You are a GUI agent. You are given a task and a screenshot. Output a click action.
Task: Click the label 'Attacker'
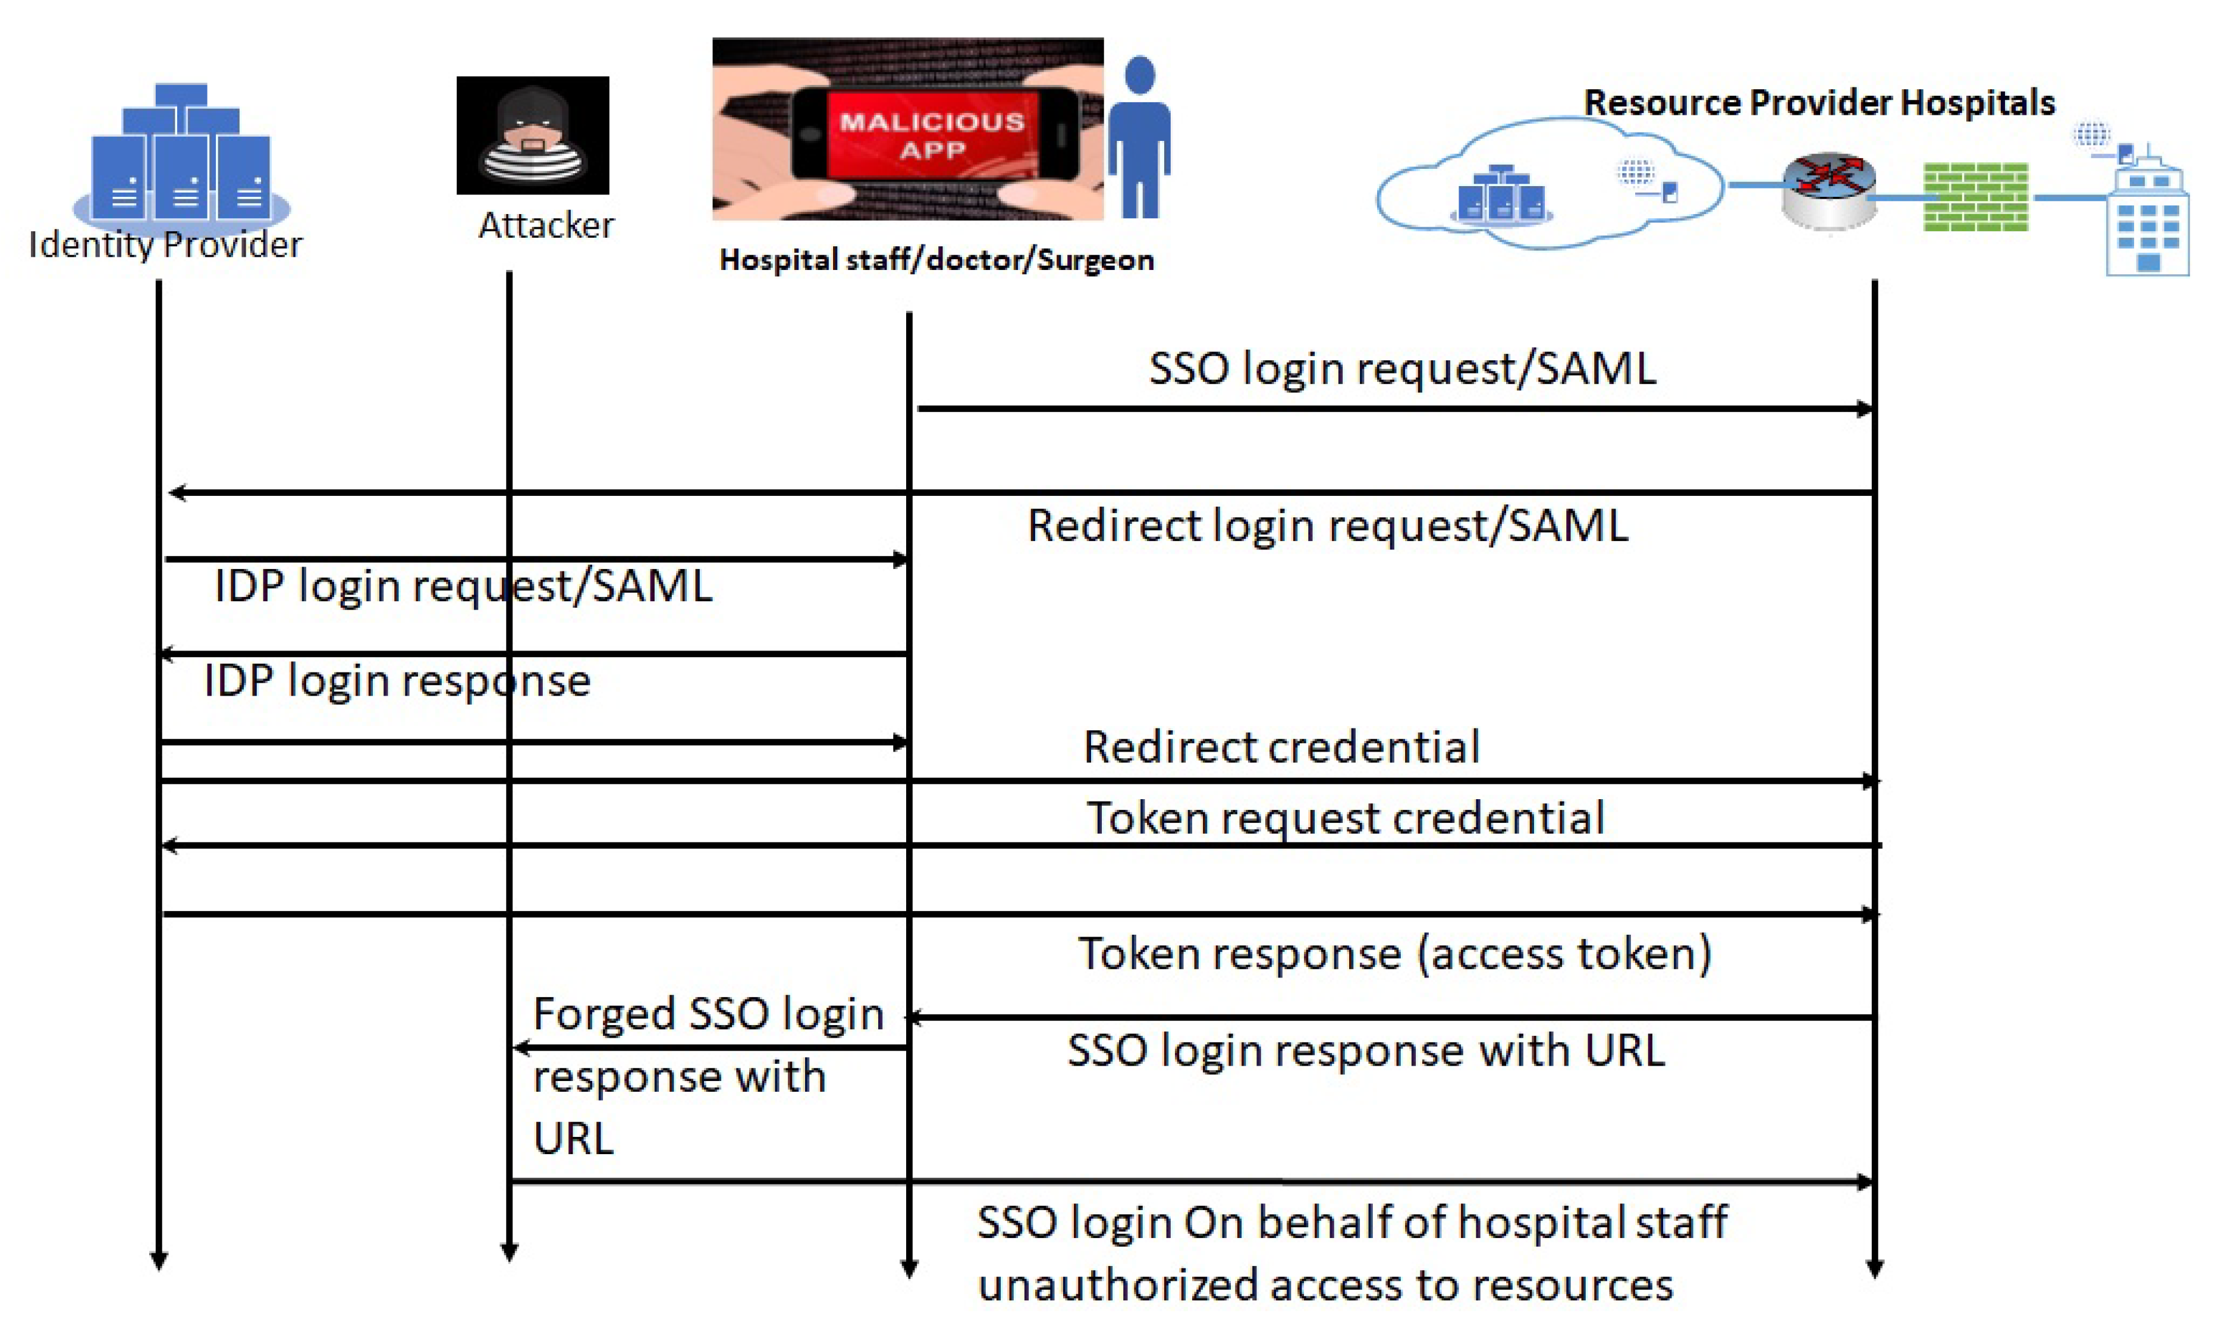546,225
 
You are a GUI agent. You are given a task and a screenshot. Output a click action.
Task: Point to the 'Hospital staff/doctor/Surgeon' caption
936,260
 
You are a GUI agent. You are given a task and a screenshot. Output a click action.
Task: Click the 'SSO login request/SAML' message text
1402,368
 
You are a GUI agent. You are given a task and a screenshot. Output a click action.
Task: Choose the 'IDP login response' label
397,681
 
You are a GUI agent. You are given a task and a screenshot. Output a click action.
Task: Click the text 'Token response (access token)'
1394,953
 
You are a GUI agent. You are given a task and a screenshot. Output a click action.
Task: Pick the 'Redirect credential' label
1281,747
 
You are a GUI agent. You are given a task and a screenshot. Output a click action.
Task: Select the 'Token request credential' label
1345,818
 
